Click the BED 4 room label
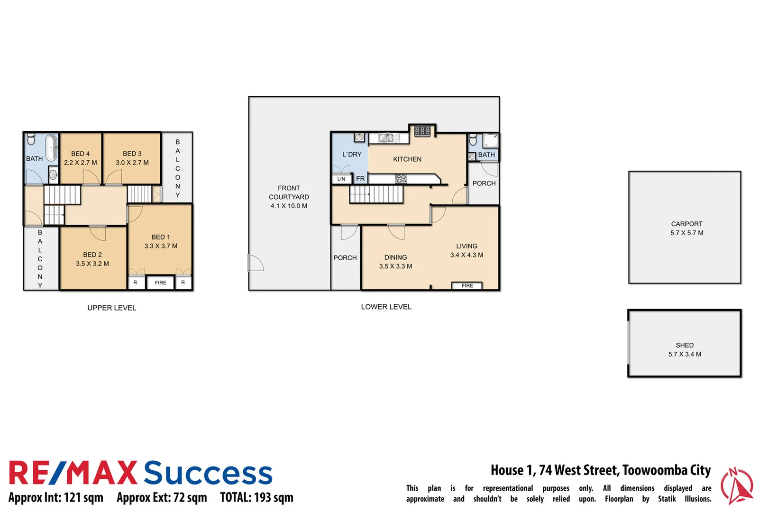pyautogui.click(x=80, y=154)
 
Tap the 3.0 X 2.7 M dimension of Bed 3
pyautogui.click(x=132, y=163)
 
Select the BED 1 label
pyautogui.click(x=160, y=237)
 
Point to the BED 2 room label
pyautogui.click(x=92, y=255)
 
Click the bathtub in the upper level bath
pyautogui.click(x=51, y=148)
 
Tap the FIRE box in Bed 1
pyautogui.click(x=160, y=283)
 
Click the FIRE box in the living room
pyautogui.click(x=467, y=285)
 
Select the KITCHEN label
pyautogui.click(x=407, y=159)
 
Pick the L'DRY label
pyautogui.click(x=352, y=155)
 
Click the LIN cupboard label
pyautogui.click(x=341, y=179)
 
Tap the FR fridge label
pyautogui.click(x=360, y=179)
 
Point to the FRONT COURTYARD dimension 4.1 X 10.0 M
pyautogui.click(x=289, y=206)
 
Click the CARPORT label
pyautogui.click(x=686, y=224)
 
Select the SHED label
pyautogui.click(x=684, y=345)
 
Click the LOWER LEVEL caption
pyautogui.click(x=386, y=307)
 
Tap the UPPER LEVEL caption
pyautogui.click(x=111, y=308)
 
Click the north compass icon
pyautogui.click(x=736, y=486)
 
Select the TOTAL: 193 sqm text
pyautogui.click(x=256, y=497)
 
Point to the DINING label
pyautogui.click(x=395, y=257)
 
